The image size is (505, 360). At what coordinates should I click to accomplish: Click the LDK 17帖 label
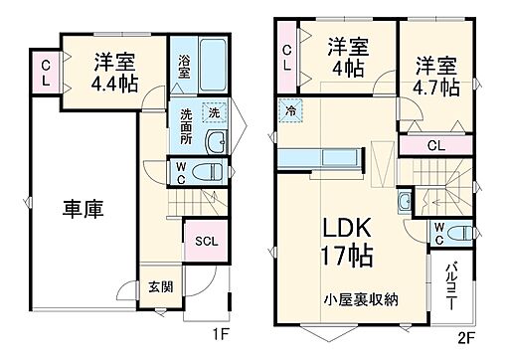(346, 241)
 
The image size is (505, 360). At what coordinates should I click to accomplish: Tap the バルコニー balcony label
(450, 281)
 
